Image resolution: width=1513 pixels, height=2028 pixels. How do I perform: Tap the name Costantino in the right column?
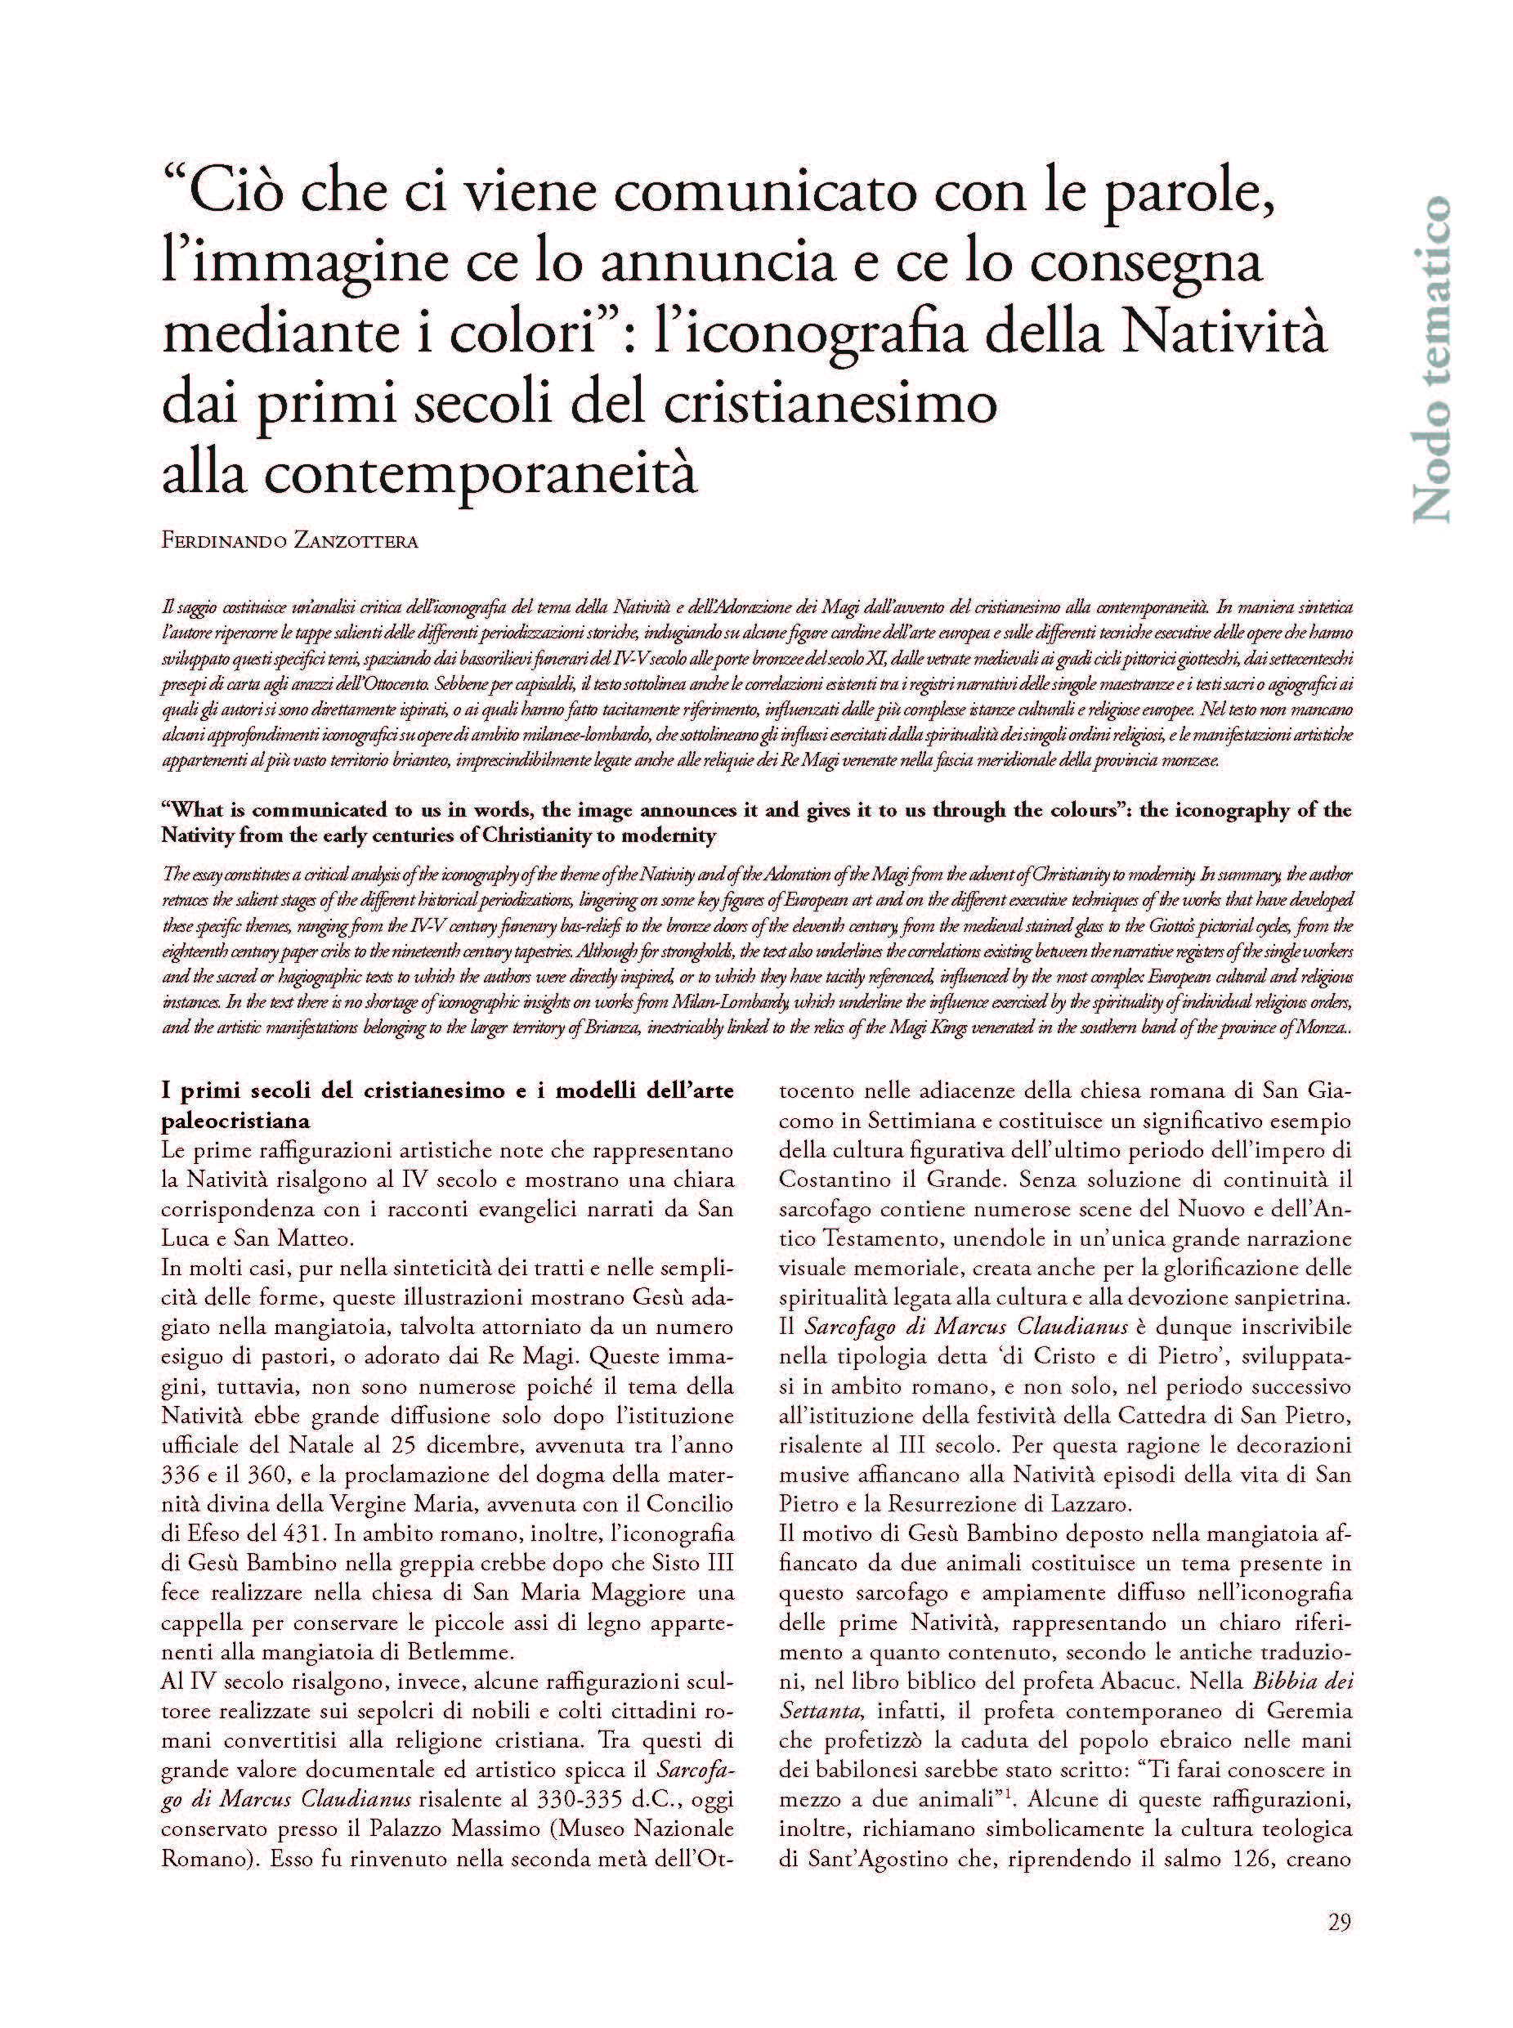click(x=830, y=1180)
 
